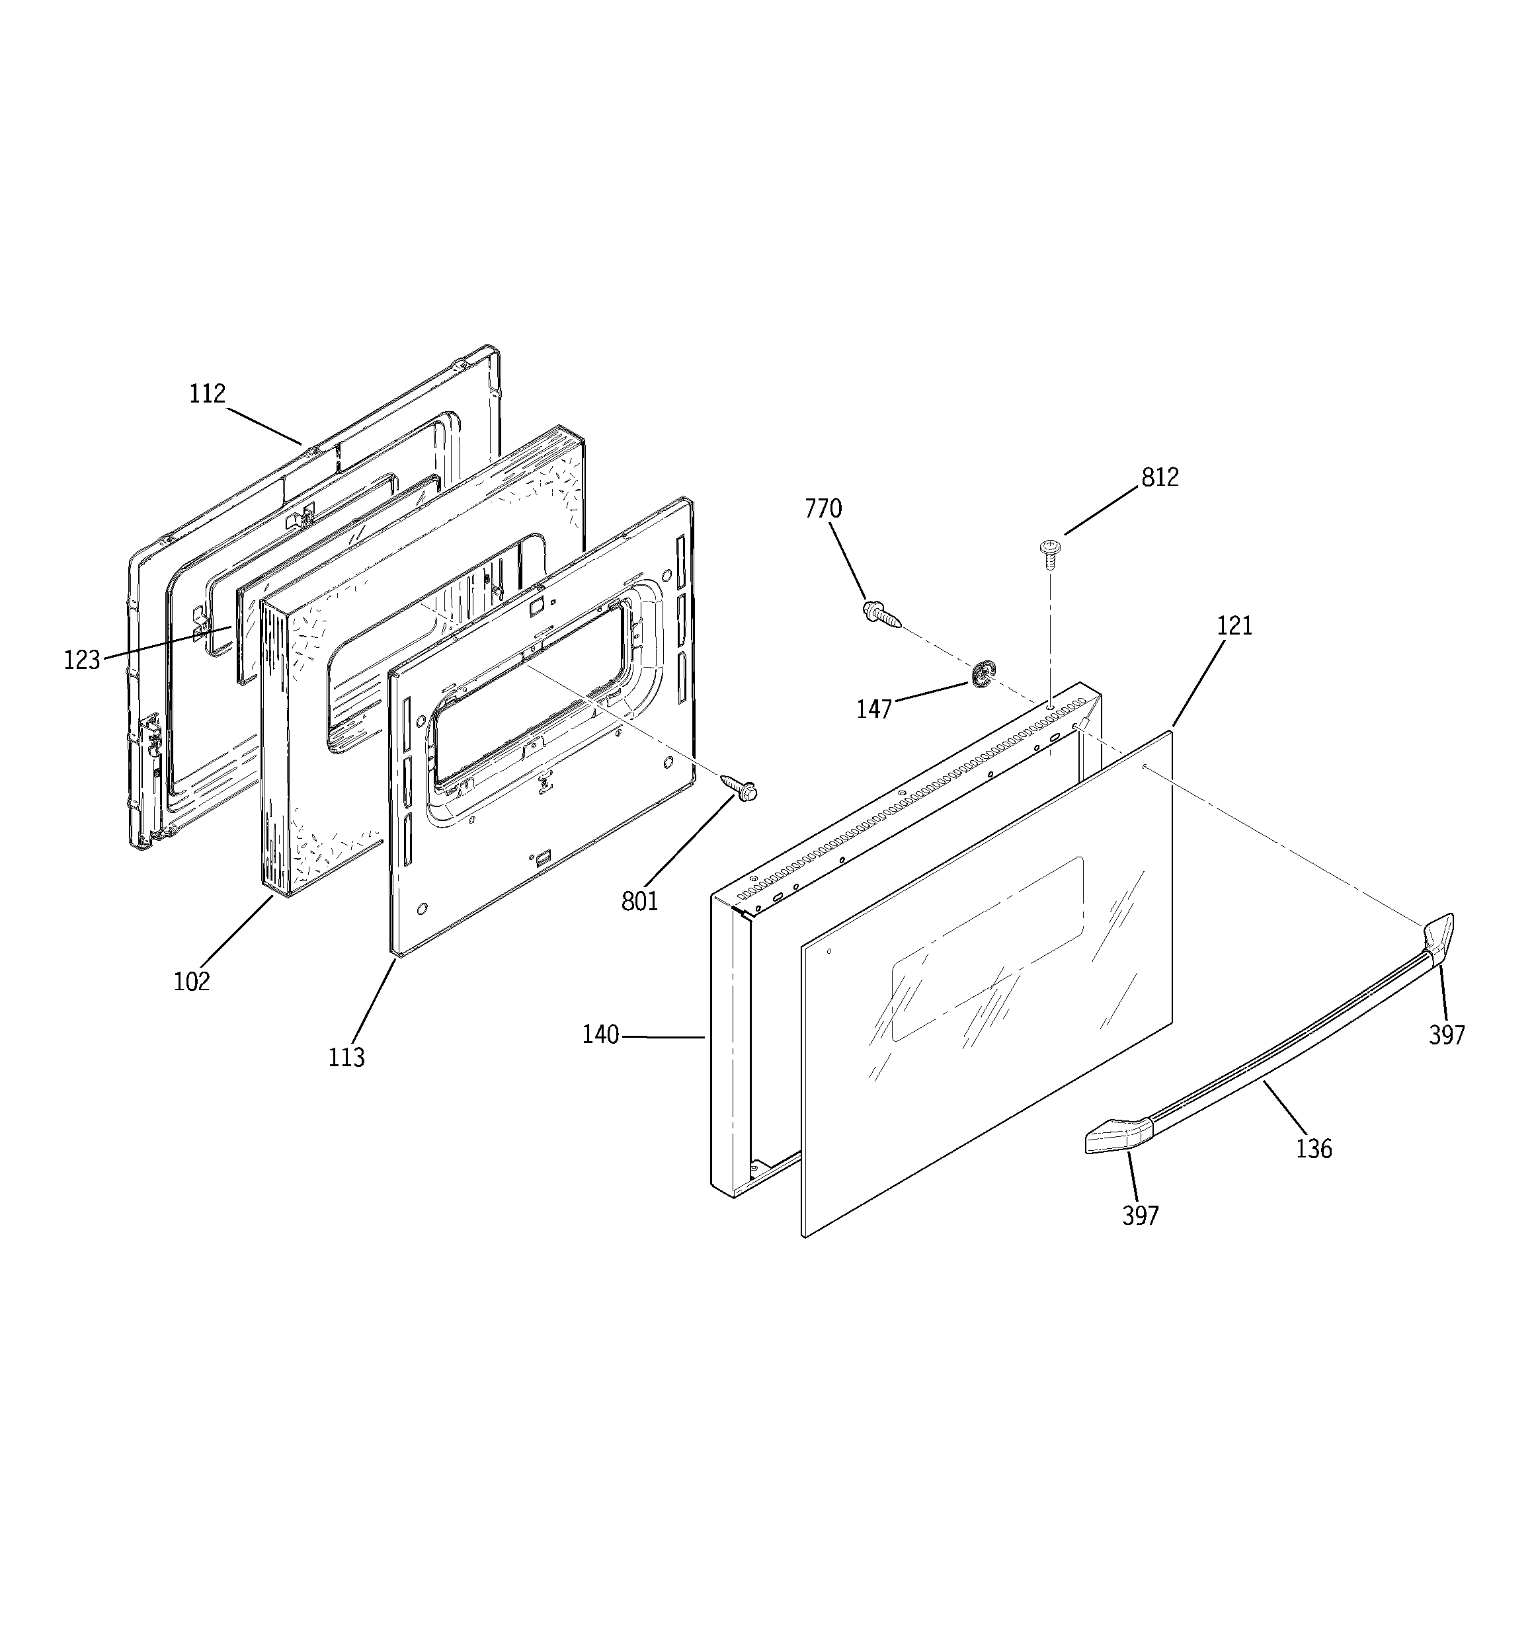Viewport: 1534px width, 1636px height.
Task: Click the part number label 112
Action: pyautogui.click(x=207, y=394)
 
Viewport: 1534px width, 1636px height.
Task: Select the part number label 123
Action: pyautogui.click(x=81, y=660)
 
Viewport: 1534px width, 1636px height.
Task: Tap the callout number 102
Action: pyautogui.click(x=192, y=982)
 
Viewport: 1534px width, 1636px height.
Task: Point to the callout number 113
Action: pyautogui.click(x=346, y=1058)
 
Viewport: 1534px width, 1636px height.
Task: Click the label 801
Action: pyautogui.click(x=640, y=902)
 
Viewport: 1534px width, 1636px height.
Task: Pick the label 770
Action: pyautogui.click(x=823, y=510)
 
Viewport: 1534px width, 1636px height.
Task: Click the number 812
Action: pyautogui.click(x=1159, y=477)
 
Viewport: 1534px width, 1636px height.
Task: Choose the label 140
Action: pyautogui.click(x=600, y=1035)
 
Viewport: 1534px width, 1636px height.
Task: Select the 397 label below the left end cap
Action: pyautogui.click(x=1141, y=1216)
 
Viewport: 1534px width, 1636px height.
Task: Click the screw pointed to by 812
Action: pyautogui.click(x=1050, y=553)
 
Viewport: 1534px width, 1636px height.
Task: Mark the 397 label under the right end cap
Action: pyautogui.click(x=1447, y=1035)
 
